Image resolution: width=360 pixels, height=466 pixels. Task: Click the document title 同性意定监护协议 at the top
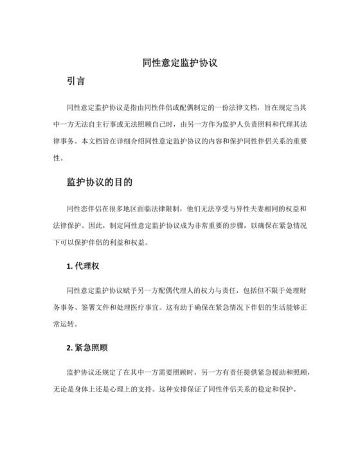[181, 64]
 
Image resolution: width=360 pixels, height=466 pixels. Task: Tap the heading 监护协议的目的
[100, 182]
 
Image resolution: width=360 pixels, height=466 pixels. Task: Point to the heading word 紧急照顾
[91, 348]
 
